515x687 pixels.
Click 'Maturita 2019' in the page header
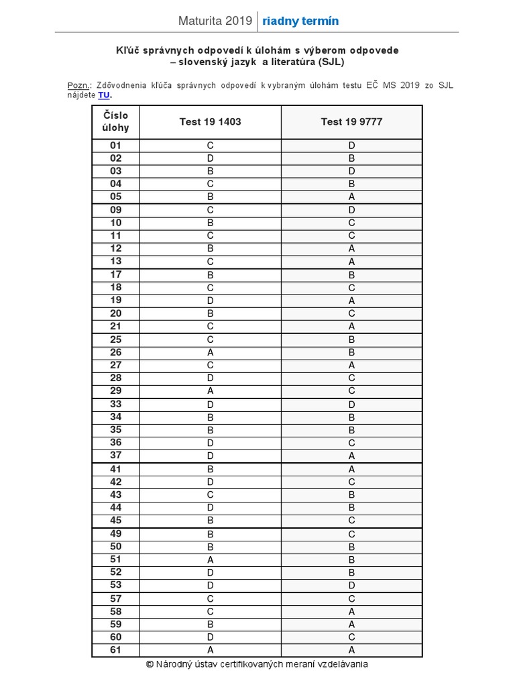pyautogui.click(x=215, y=21)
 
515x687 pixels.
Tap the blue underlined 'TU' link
pyautogui.click(x=104, y=95)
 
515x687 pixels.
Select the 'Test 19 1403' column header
pyautogui.click(x=210, y=121)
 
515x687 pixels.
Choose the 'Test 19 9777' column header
pyautogui.click(x=351, y=121)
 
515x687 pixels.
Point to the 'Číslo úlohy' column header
pyautogui.click(x=116, y=121)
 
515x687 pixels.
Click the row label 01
pyautogui.click(x=116, y=145)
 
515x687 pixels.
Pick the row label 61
pyautogui.click(x=116, y=649)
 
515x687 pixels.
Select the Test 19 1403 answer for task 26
pyautogui.click(x=210, y=352)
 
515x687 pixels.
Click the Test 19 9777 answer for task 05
pyautogui.click(x=351, y=197)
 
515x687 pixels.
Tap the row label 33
pyautogui.click(x=116, y=405)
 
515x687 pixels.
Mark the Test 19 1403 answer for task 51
pyautogui.click(x=210, y=559)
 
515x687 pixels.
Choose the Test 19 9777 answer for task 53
pyautogui.click(x=351, y=584)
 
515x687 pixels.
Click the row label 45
pyautogui.click(x=116, y=520)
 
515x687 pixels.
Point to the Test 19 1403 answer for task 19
pyautogui.click(x=210, y=300)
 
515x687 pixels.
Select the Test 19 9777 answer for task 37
pyautogui.click(x=351, y=456)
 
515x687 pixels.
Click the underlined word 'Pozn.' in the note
pyautogui.click(x=79, y=85)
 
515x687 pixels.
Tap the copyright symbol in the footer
pyautogui.click(x=150, y=664)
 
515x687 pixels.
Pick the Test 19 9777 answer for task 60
pyautogui.click(x=351, y=637)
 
